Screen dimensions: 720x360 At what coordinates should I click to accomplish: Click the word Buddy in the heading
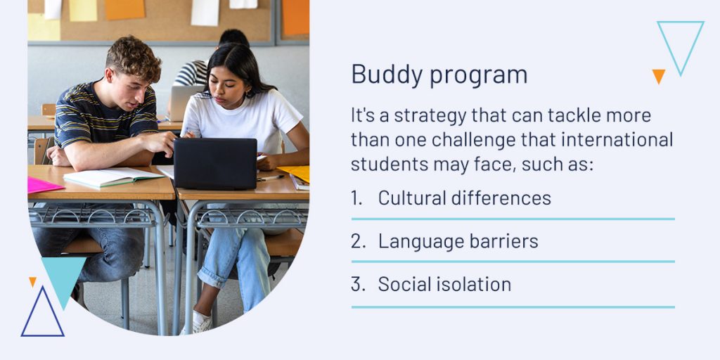pos(386,75)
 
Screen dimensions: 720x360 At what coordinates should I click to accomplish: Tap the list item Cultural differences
pos(464,198)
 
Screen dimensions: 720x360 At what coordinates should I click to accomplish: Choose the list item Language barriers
pos(458,242)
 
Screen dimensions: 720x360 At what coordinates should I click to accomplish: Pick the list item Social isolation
pos(444,284)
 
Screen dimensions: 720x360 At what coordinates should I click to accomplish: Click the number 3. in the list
pos(358,284)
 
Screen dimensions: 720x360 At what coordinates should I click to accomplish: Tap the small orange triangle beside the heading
pos(658,76)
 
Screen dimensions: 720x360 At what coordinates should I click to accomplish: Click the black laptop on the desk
pos(215,163)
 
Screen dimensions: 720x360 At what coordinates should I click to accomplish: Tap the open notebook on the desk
pos(113,176)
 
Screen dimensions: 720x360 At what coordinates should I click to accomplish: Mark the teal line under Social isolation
pos(513,307)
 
